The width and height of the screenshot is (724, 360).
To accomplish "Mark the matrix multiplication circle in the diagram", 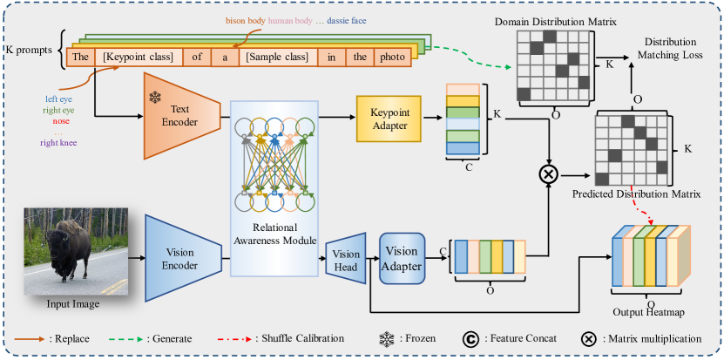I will coord(549,173).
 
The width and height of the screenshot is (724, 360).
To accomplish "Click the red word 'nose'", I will coord(61,122).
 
